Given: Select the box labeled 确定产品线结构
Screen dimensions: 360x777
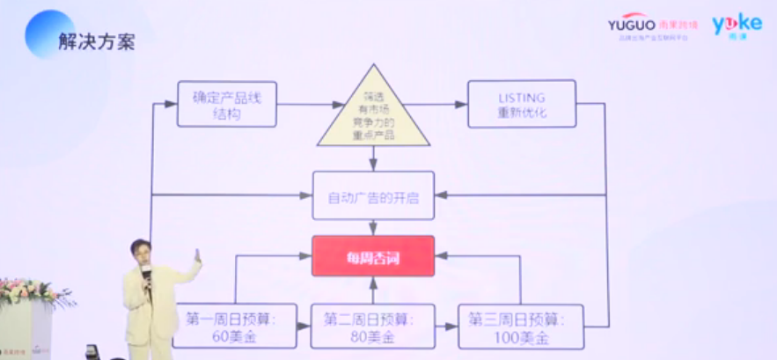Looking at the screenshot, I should (226, 105).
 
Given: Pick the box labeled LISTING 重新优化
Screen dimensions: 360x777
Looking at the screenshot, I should (521, 105).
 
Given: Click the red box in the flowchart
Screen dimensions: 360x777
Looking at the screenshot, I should (373, 255).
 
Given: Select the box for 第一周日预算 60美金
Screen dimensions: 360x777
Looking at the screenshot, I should (236, 326).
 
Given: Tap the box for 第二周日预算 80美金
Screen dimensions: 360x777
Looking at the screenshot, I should (373, 326).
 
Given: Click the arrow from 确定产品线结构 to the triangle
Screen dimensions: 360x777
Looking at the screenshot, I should (307, 105).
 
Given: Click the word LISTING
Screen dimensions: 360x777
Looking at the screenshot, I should (521, 97).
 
